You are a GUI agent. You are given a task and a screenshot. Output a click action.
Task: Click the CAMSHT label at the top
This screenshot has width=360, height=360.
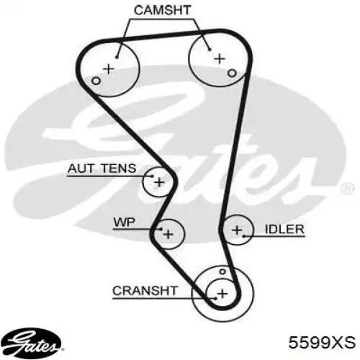pos(162,10)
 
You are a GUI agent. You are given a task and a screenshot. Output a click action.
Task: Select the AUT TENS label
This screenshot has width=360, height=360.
pos(102,168)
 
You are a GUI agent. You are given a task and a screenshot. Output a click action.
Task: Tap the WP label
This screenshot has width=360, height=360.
pos(125,222)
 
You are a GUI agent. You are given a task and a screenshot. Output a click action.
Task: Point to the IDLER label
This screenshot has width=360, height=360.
pos(284,230)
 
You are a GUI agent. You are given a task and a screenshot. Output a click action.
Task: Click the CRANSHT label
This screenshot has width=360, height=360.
pos(145,291)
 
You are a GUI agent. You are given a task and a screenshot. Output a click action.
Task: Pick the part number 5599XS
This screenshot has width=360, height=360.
pos(322,342)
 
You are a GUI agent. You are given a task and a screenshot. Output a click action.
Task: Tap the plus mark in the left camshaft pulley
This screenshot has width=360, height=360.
pos(109,69)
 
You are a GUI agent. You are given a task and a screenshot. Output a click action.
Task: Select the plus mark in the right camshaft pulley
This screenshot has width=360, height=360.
pos(220,59)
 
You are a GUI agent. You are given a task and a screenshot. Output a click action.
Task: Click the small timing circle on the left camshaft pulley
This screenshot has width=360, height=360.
pos(96,81)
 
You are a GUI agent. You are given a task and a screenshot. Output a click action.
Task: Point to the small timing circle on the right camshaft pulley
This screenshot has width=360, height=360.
pos(232,73)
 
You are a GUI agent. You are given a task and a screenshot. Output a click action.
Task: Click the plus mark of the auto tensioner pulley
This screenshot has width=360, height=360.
pos(159,183)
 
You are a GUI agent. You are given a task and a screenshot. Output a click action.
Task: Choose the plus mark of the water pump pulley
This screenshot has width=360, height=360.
pos(168,234)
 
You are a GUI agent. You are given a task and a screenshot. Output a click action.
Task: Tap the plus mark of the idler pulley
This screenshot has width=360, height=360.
pos(237,230)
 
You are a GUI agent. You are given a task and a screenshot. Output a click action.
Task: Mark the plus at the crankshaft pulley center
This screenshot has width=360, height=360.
pos(222,294)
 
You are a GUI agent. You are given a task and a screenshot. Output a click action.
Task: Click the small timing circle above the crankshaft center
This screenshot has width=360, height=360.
pos(222,271)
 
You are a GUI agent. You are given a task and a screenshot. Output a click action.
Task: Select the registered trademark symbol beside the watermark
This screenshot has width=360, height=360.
pos(347,188)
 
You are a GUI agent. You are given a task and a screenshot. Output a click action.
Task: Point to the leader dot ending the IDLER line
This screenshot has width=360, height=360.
pos(244,236)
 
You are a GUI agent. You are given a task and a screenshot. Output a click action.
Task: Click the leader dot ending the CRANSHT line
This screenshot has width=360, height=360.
pos(216,299)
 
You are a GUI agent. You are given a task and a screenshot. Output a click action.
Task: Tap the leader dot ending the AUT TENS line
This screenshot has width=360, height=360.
pos(152,176)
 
